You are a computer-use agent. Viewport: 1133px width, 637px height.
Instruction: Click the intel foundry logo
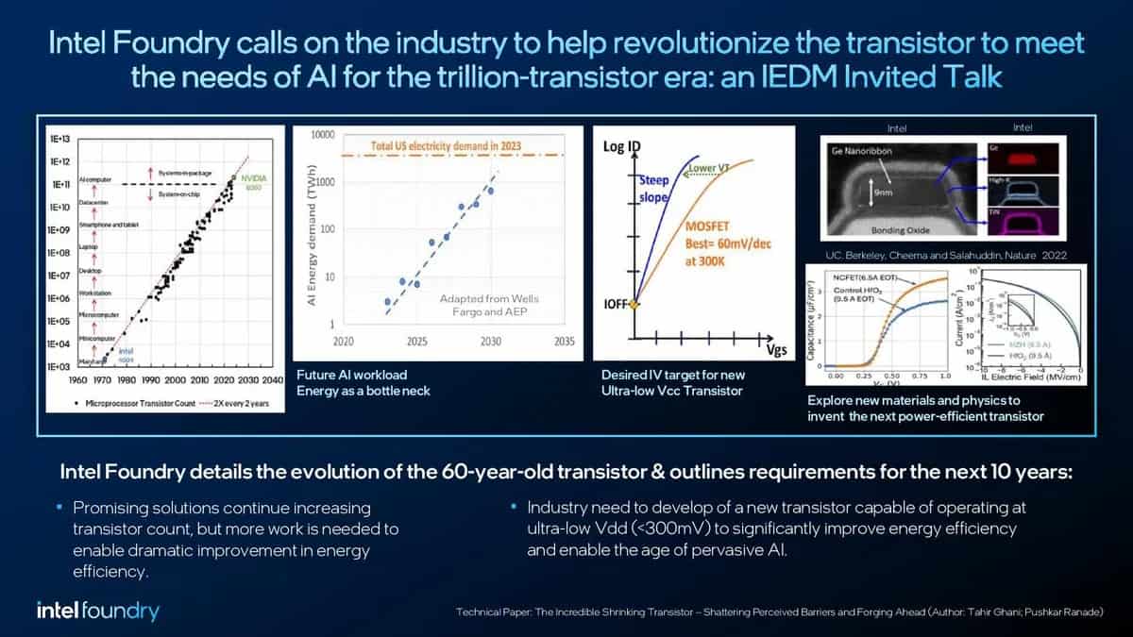(x=97, y=610)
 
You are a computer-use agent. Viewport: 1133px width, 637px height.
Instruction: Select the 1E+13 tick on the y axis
(x=61, y=138)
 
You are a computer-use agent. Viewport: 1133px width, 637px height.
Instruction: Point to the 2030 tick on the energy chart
(x=489, y=342)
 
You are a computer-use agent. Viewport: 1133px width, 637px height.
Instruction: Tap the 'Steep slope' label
(x=652, y=188)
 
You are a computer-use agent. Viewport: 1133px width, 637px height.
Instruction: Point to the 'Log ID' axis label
(x=623, y=147)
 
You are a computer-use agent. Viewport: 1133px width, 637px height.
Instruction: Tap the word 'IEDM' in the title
(x=853, y=75)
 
